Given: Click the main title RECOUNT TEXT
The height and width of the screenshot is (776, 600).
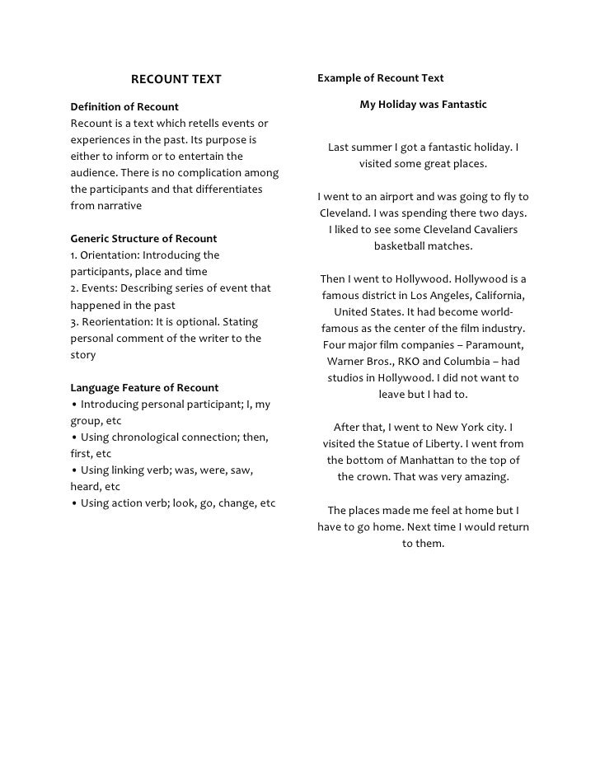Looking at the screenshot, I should pos(176,80).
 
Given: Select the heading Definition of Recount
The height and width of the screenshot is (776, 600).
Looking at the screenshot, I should pos(124,107).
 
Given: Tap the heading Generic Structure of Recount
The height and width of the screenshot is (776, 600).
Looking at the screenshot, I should pos(144,239).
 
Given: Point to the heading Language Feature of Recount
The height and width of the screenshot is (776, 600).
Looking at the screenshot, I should pos(144,387).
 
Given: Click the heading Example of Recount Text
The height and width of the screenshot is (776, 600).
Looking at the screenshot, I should pos(381,78).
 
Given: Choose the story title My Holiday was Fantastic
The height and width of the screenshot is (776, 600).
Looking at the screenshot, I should pos(423,105).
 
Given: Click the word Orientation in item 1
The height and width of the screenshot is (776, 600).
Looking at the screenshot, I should pos(110,255).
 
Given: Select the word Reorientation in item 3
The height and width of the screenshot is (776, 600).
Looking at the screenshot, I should pos(116,321).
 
